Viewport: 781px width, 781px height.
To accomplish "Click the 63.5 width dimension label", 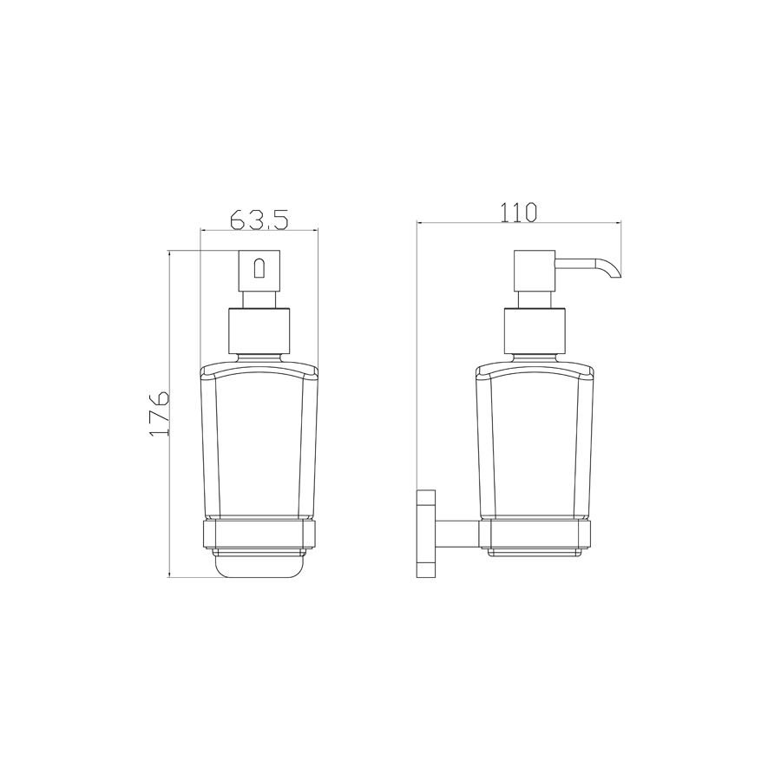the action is tap(259, 219).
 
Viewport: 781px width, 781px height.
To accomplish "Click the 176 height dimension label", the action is tap(160, 413).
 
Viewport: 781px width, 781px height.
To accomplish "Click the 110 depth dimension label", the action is tap(519, 213).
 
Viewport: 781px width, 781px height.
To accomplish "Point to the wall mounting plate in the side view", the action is tap(426, 534).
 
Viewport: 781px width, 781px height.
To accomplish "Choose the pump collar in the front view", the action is tap(259, 331).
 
